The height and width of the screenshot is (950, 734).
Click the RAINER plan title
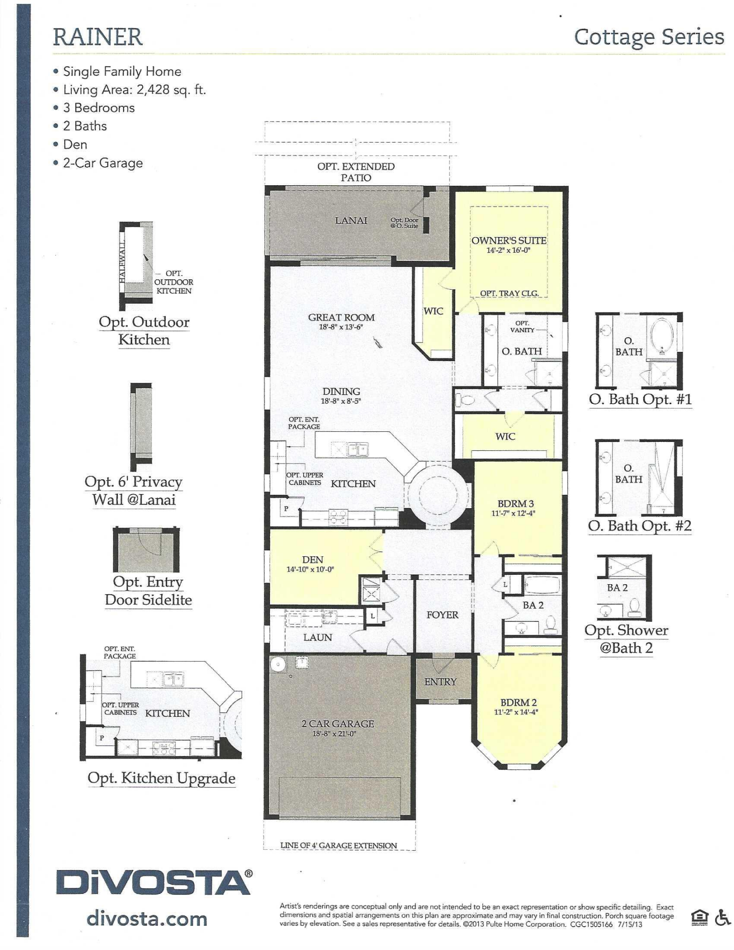[97, 37]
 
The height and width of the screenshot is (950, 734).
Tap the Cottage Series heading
[649, 38]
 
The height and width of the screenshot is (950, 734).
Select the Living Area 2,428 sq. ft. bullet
[134, 89]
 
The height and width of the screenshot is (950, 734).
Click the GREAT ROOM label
[341, 317]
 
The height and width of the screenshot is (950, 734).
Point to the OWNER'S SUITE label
[508, 240]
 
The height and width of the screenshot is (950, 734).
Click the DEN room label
[312, 560]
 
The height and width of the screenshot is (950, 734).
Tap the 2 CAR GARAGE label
[337, 723]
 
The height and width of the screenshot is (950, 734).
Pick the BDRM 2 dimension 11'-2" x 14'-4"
[516, 712]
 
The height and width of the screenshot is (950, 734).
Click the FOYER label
[442, 615]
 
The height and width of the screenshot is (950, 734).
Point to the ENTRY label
[440, 682]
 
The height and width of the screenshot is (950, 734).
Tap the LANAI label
[351, 220]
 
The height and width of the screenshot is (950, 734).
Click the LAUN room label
[317, 637]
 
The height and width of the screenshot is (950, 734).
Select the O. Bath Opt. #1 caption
[640, 399]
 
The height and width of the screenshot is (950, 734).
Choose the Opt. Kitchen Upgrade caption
[162, 779]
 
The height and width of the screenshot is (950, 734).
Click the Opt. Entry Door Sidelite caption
[148, 590]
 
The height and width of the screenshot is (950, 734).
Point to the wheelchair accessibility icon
[723, 917]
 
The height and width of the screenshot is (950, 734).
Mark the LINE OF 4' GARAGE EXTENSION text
[338, 845]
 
